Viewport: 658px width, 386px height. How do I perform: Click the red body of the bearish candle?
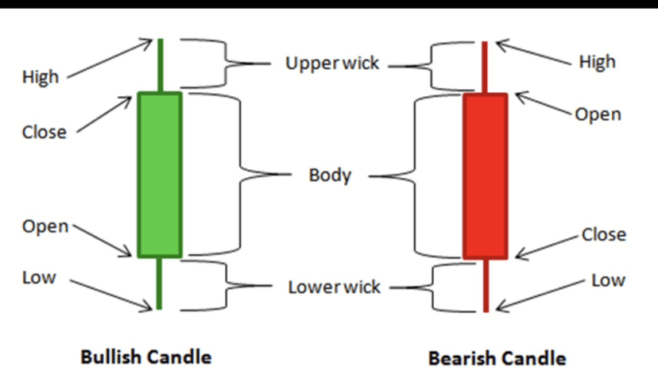tap(485, 175)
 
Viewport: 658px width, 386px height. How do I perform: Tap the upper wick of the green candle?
tap(161, 65)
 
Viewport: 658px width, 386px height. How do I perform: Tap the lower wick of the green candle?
tap(160, 283)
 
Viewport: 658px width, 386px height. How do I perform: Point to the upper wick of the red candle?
tap(485, 67)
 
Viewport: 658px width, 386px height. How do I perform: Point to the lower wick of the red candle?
tap(485, 284)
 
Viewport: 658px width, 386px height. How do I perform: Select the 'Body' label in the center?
tap(330, 175)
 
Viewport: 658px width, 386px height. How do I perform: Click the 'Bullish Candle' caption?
tap(146, 357)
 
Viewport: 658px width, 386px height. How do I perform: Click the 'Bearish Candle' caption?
tap(497, 358)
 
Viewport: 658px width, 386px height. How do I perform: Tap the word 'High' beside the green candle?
tap(40, 77)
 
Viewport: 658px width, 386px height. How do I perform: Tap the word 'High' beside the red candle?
tap(597, 62)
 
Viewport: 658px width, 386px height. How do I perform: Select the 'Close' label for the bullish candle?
tap(44, 132)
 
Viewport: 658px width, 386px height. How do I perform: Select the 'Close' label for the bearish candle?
tap(604, 235)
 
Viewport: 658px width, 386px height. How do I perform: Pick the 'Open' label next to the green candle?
tap(45, 226)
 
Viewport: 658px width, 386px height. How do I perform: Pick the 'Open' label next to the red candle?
tap(598, 114)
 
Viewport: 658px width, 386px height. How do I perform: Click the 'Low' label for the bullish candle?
tap(39, 278)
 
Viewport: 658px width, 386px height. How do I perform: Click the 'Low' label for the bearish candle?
tap(608, 280)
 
